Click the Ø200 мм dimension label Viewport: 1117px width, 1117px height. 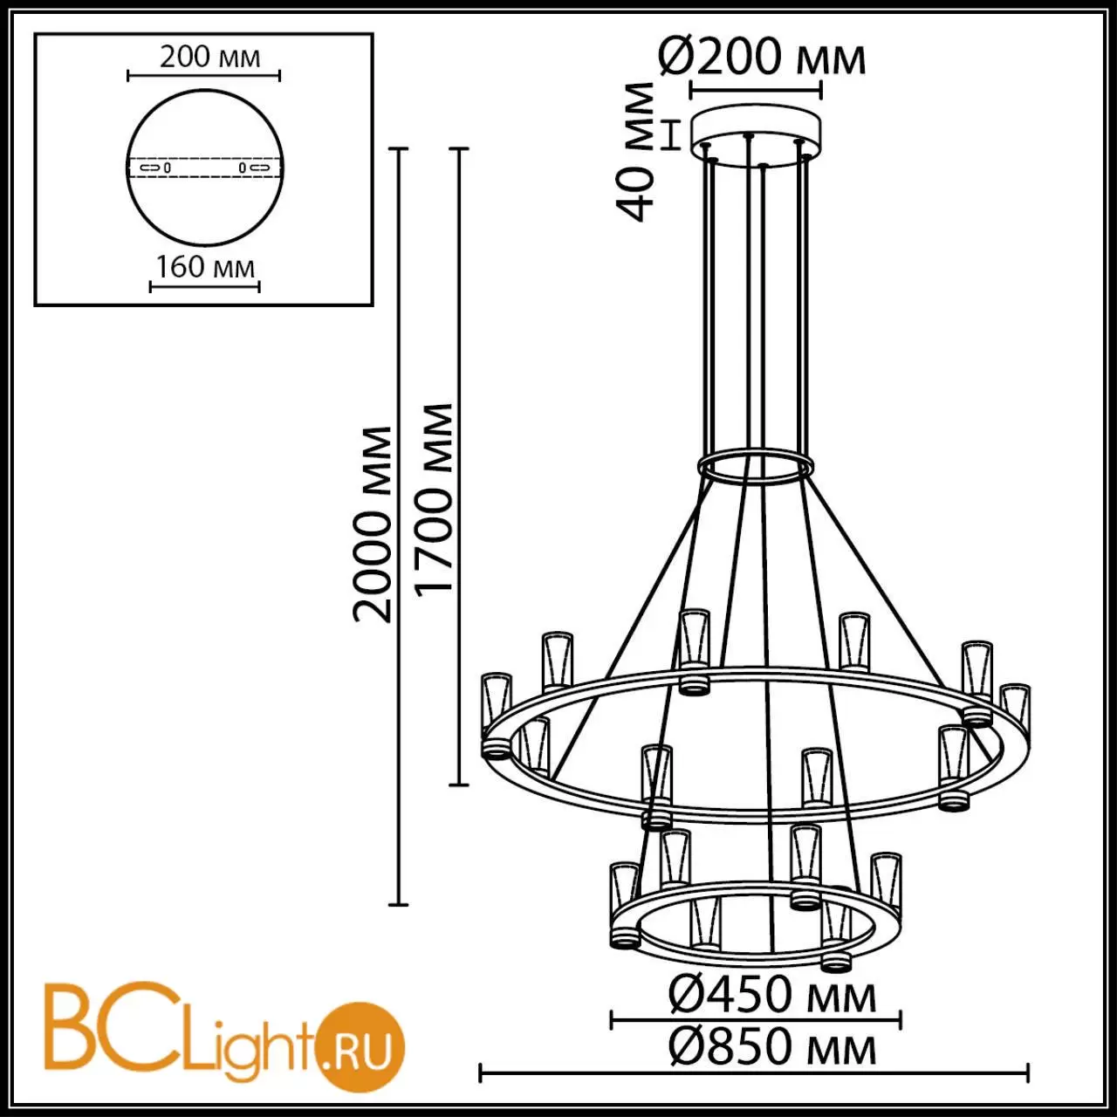tap(762, 58)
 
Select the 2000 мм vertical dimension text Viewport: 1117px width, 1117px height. tap(373, 524)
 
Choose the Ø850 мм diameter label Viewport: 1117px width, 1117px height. tap(772, 1047)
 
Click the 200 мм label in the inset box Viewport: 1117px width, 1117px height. tap(209, 58)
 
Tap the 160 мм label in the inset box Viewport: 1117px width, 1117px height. tap(205, 267)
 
